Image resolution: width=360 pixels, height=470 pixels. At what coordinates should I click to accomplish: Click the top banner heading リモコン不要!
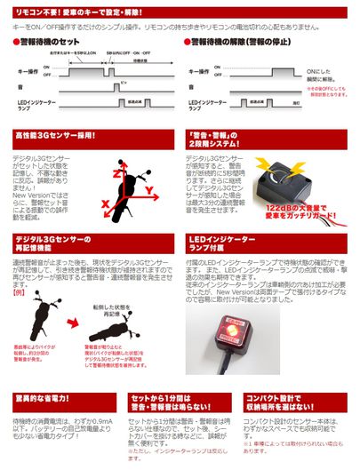(36, 8)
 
